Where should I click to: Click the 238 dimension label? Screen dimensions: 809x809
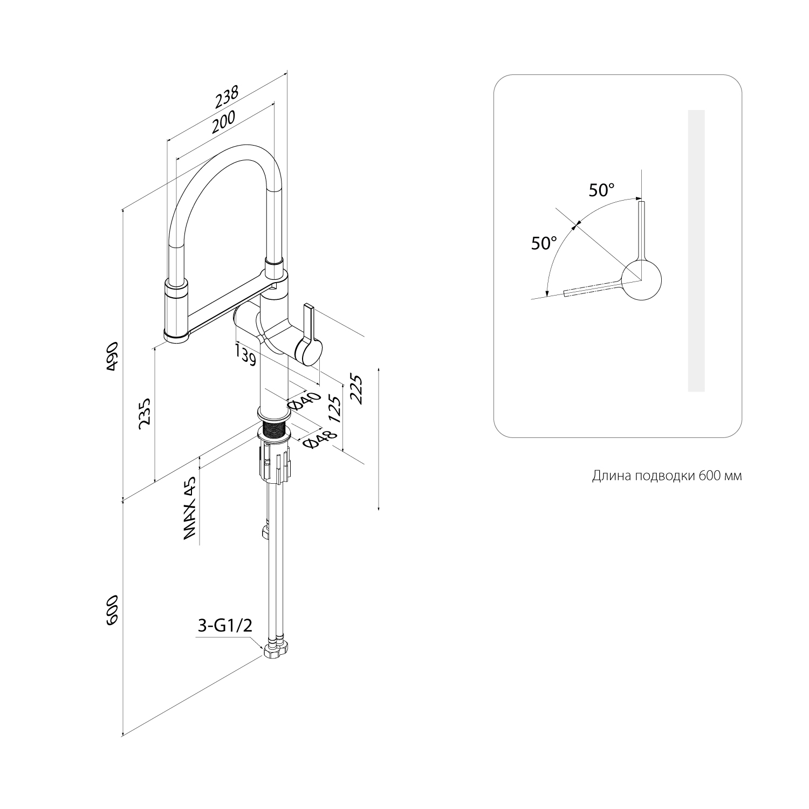pyautogui.click(x=227, y=97)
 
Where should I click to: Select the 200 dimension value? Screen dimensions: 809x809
pyautogui.click(x=223, y=122)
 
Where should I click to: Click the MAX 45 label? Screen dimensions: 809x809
pyautogui.click(x=189, y=509)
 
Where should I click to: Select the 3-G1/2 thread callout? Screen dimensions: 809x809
pyautogui.click(x=225, y=626)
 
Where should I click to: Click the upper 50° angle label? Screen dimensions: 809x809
pyautogui.click(x=601, y=190)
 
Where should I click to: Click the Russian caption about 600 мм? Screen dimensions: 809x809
pyautogui.click(x=667, y=476)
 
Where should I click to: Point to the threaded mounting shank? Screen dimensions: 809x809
pyautogui.click(x=275, y=431)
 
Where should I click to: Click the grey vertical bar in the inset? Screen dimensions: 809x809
pyautogui.click(x=696, y=251)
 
